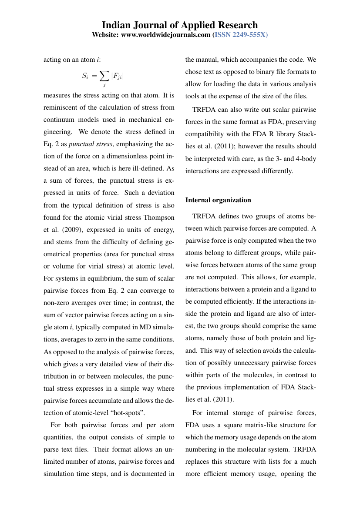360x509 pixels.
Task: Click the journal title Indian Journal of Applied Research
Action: point(180,25)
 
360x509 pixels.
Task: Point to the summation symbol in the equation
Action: point(104,76)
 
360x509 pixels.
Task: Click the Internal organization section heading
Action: point(218,200)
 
